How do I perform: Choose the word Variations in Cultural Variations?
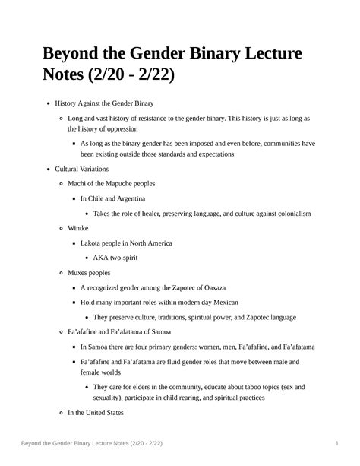pos(94,169)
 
